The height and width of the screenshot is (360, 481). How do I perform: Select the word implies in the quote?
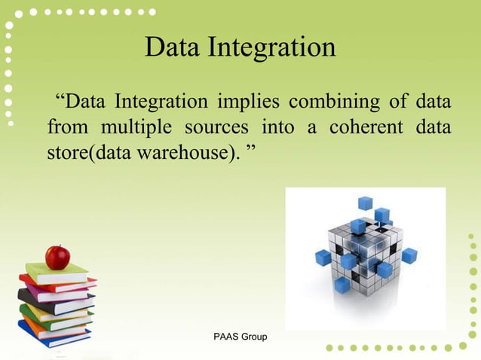[x=250, y=101]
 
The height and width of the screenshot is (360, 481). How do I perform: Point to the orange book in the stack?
[x=54, y=325]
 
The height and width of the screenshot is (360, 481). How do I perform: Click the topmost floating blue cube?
[x=365, y=202]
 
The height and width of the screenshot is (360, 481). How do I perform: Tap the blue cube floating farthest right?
[x=409, y=255]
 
